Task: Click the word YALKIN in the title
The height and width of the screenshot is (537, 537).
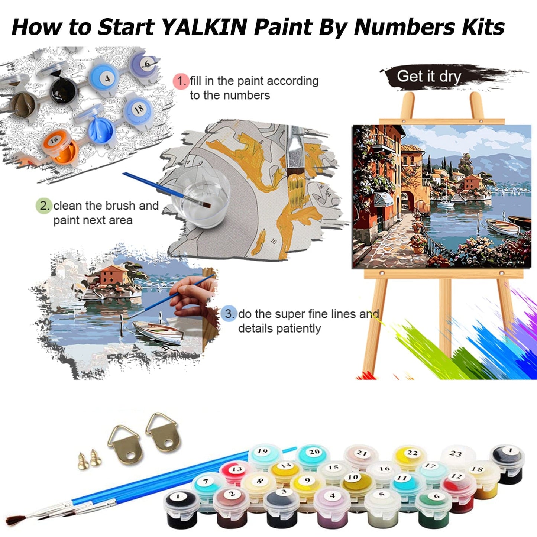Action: pos(205,27)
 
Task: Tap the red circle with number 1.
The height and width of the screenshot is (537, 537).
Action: pos(181,81)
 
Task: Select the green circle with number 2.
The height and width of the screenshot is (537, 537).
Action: pos(43,206)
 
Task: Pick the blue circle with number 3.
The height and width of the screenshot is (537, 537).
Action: pos(229,314)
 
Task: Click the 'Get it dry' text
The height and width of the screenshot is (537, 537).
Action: pos(429,76)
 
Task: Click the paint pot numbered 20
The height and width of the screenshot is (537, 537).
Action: pos(314,456)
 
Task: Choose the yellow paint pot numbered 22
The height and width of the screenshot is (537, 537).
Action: pos(412,456)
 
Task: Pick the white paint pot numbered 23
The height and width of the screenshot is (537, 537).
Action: pos(456,456)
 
